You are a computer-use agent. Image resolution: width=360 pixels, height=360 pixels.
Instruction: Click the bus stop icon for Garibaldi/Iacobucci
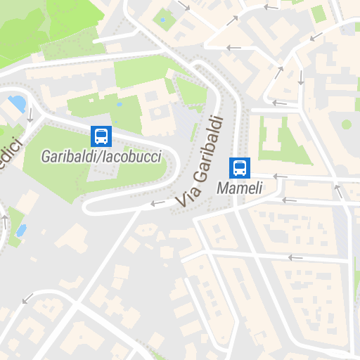(101, 136)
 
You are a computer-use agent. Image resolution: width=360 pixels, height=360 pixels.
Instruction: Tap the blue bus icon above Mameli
(239, 167)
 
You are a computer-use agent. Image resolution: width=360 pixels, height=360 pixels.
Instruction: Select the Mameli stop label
(239, 188)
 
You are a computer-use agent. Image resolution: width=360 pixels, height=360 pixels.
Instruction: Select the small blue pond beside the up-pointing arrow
(20, 230)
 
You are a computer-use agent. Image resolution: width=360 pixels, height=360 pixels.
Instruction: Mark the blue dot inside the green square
(163, 20)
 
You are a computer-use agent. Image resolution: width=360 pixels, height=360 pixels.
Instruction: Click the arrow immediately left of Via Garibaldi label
(157, 204)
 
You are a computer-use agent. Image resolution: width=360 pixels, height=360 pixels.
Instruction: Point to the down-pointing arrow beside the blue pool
(30, 115)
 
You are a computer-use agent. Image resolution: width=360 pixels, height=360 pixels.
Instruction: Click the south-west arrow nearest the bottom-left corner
(27, 299)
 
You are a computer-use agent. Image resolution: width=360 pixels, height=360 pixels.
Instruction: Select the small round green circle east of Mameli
(347, 124)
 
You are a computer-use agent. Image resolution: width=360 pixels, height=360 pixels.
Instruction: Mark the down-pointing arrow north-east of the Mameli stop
(301, 77)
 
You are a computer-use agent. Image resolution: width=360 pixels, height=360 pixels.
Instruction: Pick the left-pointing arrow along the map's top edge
(270, 7)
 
